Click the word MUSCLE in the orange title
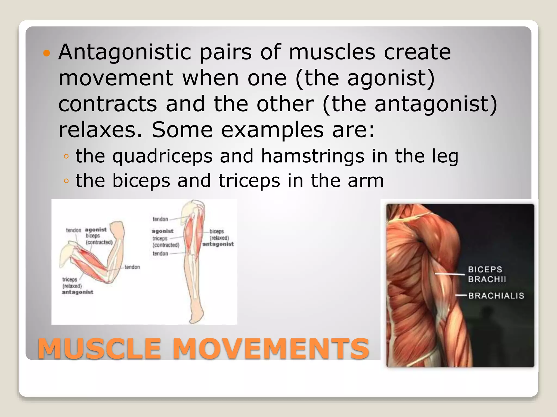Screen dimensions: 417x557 click(x=100, y=349)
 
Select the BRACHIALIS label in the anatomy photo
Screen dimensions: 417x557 click(x=496, y=296)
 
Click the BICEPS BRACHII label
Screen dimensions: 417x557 click(x=487, y=274)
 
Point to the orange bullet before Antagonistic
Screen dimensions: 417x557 click(x=47, y=53)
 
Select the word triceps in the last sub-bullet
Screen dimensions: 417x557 click(x=249, y=181)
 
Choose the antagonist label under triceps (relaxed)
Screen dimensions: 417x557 click(x=78, y=292)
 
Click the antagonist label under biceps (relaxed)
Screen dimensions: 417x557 click(x=218, y=244)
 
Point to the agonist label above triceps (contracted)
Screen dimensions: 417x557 click(x=162, y=231)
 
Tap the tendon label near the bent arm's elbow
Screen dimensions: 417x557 click(x=132, y=267)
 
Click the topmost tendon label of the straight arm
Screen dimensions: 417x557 click(x=160, y=219)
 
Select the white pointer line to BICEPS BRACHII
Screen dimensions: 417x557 click(x=449, y=274)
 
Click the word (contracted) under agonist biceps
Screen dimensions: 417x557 click(x=99, y=242)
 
